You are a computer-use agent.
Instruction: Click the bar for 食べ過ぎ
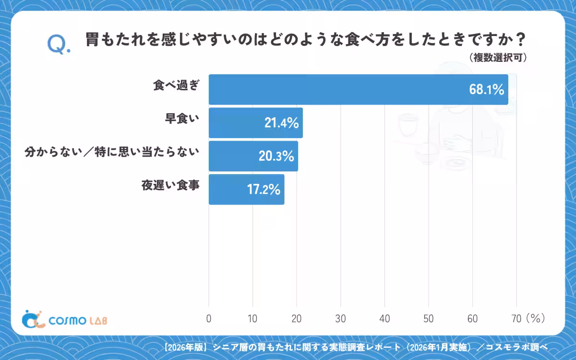pos(359,89)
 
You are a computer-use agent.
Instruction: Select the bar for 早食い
pos(256,123)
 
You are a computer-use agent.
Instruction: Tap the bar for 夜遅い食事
pos(247,190)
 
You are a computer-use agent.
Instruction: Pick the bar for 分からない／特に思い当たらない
pos(253,156)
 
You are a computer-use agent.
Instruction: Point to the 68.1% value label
pos(487,89)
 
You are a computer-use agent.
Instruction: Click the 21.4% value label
pos(282,123)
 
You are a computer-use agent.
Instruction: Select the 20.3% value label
pos(276,156)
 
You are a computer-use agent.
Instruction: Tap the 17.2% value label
pos(264,190)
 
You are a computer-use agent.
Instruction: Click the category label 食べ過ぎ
pos(176,85)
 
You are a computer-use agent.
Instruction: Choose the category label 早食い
pos(182,119)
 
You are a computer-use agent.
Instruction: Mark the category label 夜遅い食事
pos(170,185)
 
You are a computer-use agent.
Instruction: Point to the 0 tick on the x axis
pos(209,319)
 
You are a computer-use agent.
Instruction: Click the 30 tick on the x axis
pos(340,319)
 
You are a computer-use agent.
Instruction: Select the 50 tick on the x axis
pos(428,319)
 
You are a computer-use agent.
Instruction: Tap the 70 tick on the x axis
pos(516,319)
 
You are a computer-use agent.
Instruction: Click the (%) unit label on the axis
pos(536,319)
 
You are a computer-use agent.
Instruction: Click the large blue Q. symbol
pos(59,45)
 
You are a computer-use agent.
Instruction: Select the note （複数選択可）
pos(498,58)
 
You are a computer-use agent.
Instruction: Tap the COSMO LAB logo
pos(64,319)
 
